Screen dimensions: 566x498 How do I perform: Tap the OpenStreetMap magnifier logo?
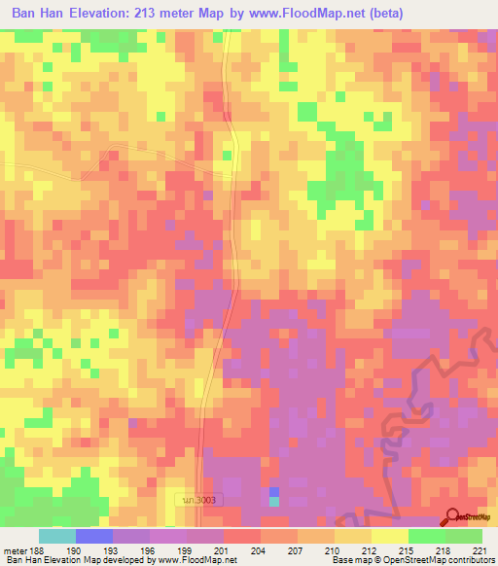tap(452, 516)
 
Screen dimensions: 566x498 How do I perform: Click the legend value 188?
tap(35, 550)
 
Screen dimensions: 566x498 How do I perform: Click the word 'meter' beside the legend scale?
tap(16, 550)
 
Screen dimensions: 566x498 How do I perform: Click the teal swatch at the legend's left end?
tap(57, 536)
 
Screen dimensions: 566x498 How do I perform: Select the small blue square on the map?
tap(274, 492)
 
